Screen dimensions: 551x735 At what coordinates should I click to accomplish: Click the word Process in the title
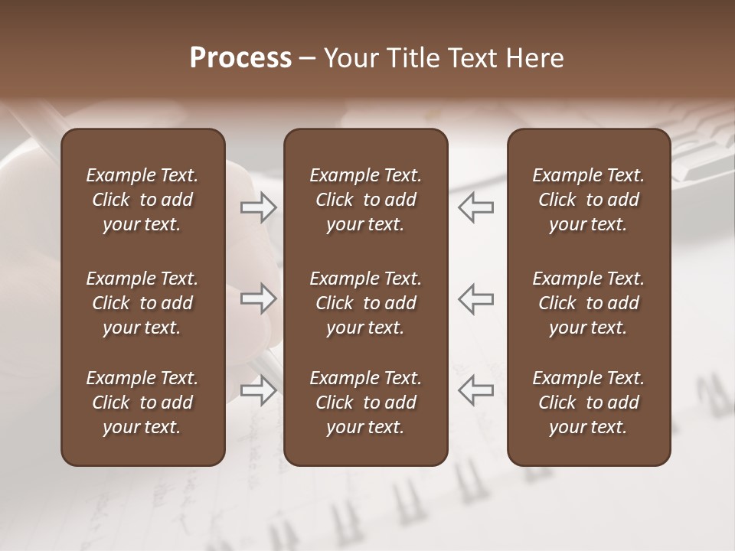pyautogui.click(x=240, y=58)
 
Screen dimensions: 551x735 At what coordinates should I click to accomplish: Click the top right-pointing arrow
pyautogui.click(x=259, y=207)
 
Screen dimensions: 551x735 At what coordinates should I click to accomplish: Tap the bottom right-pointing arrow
pyautogui.click(x=259, y=390)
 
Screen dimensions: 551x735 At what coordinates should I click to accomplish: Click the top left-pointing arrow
pyautogui.click(x=475, y=207)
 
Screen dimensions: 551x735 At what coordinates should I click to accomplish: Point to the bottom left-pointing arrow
pyautogui.click(x=475, y=390)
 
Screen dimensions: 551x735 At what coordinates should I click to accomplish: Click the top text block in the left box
pyautogui.click(x=142, y=200)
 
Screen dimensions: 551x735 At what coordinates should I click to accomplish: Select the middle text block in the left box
pyautogui.click(x=142, y=303)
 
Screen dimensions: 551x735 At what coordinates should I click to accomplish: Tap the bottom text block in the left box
pyautogui.click(x=142, y=403)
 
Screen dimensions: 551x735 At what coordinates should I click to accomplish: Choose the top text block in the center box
pyautogui.click(x=365, y=200)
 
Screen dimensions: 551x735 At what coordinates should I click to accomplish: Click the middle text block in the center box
pyautogui.click(x=365, y=303)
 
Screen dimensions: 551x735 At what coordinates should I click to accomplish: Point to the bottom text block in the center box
pyautogui.click(x=365, y=403)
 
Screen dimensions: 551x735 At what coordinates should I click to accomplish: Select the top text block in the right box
pyautogui.click(x=588, y=200)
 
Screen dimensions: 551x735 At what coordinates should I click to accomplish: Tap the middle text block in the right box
pyautogui.click(x=588, y=303)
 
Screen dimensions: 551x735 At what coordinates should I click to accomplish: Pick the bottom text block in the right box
pyautogui.click(x=588, y=403)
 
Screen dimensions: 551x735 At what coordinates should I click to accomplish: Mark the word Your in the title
pyautogui.click(x=348, y=58)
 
